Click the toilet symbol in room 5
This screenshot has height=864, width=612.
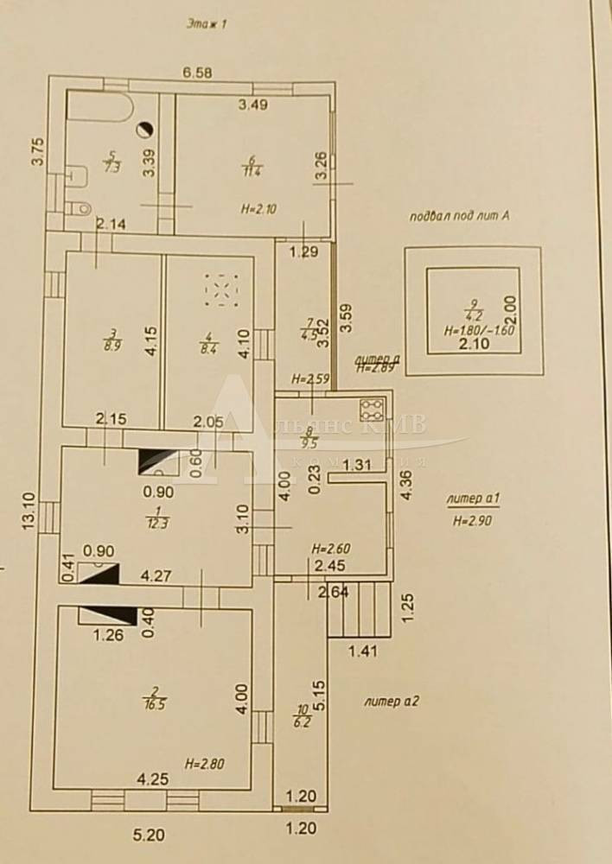(80, 207)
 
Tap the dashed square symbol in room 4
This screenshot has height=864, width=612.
(221, 290)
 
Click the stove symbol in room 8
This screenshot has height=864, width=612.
(372, 407)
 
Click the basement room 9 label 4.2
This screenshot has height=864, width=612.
(473, 314)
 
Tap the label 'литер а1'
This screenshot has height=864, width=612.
(468, 500)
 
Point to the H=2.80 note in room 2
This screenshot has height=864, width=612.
(204, 764)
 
